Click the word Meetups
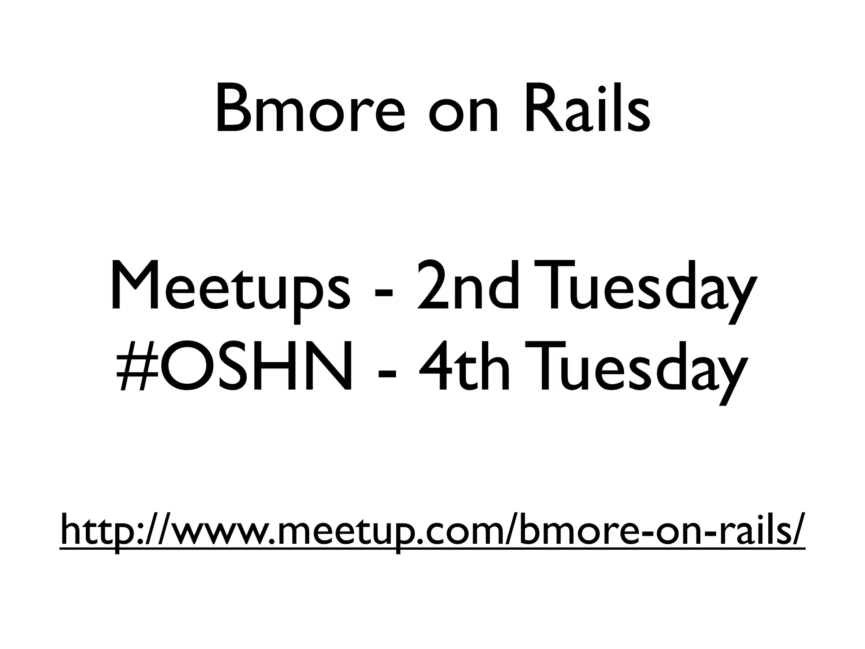pyautogui.click(x=230, y=287)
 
